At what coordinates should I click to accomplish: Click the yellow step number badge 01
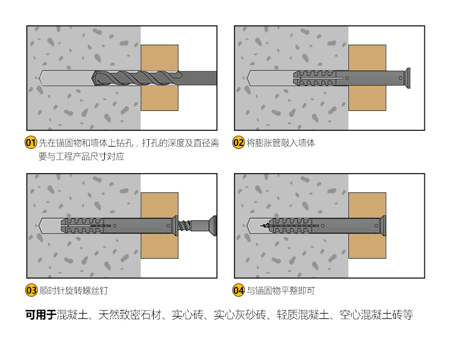[31, 143]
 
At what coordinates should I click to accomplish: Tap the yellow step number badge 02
[239, 143]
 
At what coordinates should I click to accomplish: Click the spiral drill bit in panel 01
[136, 78]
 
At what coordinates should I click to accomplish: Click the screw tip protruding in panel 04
[265, 226]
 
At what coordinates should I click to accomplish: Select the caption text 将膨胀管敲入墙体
[281, 143]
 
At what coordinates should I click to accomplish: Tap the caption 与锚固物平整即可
[281, 291]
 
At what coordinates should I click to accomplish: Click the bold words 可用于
[40, 315]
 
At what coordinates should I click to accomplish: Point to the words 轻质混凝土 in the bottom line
[302, 315]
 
